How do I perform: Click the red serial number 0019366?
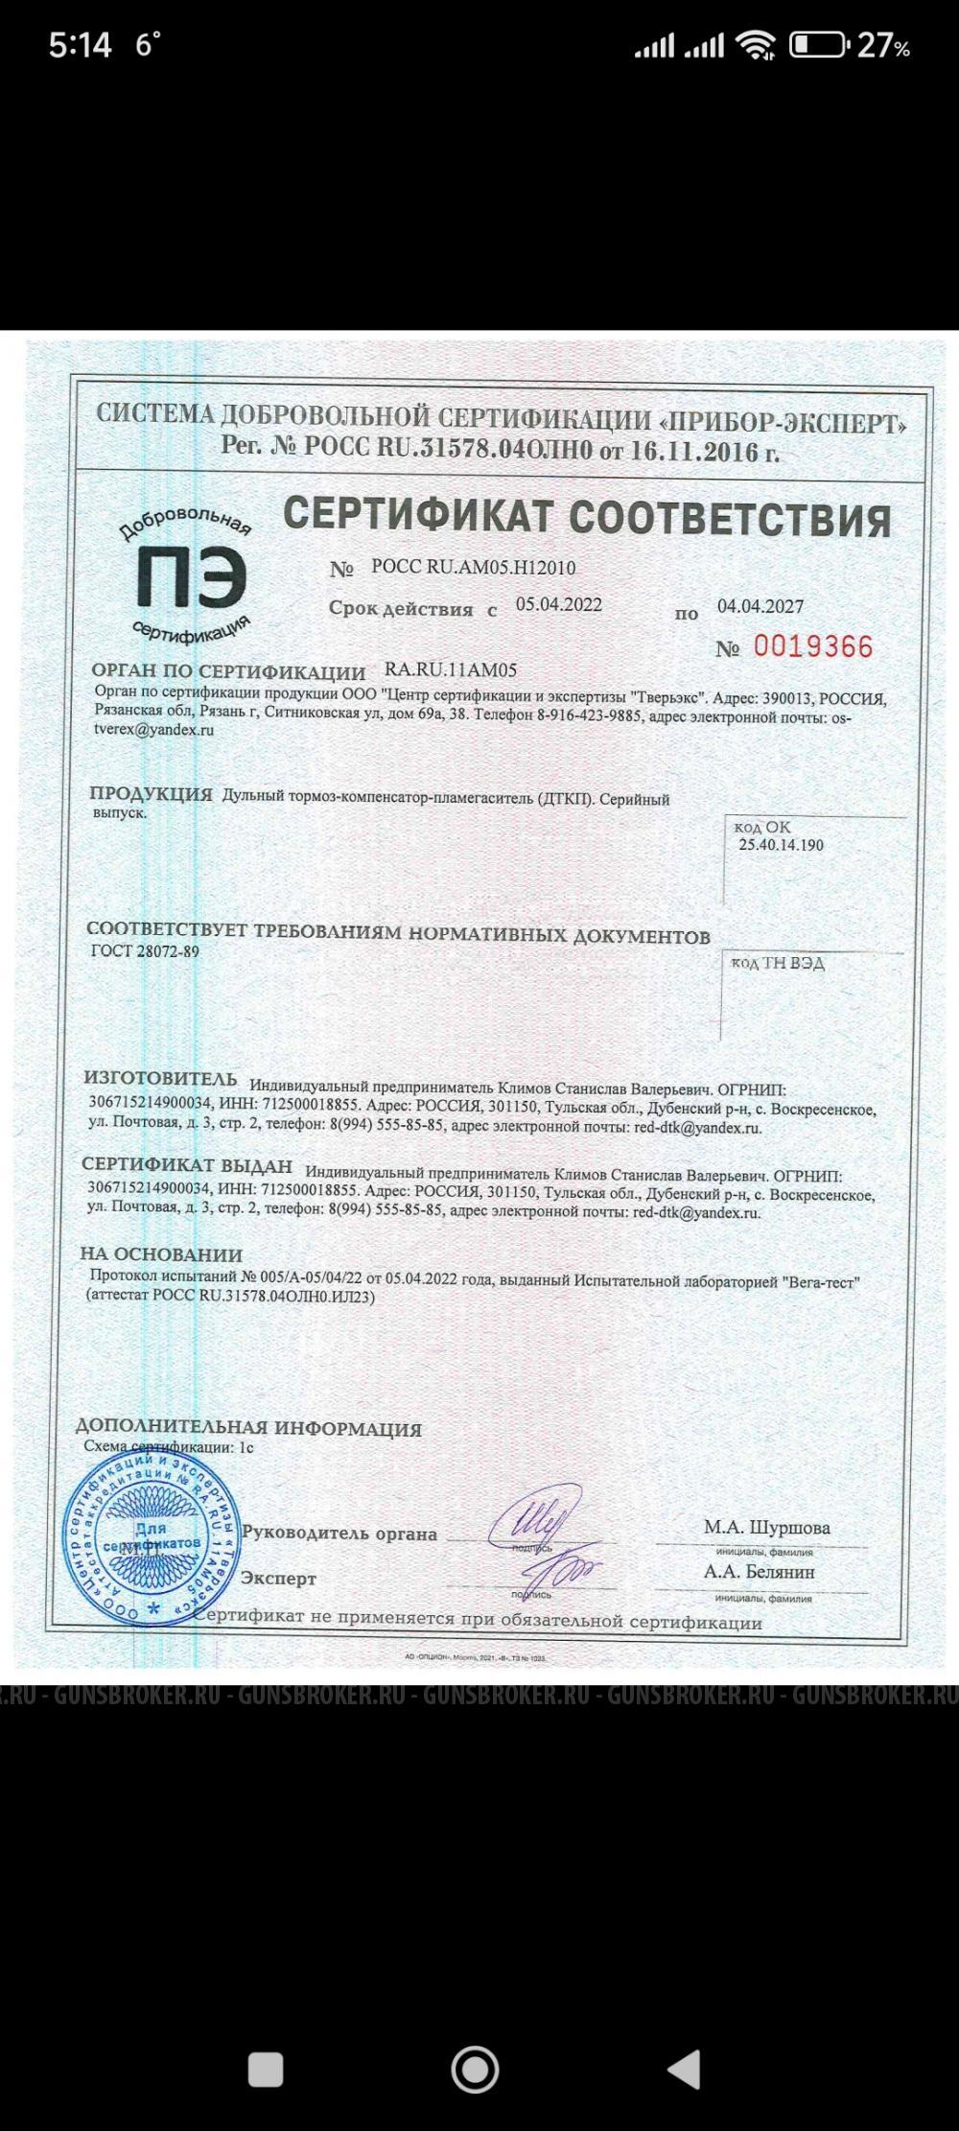(x=813, y=646)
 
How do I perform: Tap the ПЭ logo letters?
(x=191, y=578)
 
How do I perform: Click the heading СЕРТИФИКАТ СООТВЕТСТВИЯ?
(x=587, y=518)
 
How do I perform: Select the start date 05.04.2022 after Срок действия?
(x=559, y=604)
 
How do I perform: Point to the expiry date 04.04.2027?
(x=760, y=606)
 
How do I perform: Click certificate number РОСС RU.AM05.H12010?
(x=473, y=568)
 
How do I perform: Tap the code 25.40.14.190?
(x=781, y=845)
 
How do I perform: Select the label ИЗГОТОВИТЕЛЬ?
(x=160, y=1079)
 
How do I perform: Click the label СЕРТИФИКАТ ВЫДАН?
(x=187, y=1165)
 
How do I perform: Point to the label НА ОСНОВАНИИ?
(x=161, y=1254)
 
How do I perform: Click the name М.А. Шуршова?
(x=767, y=1527)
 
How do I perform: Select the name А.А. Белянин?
(x=760, y=1572)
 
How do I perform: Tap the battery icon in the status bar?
(x=816, y=44)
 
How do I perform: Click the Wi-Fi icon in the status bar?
(x=756, y=44)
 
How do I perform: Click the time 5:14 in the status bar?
(x=81, y=44)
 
